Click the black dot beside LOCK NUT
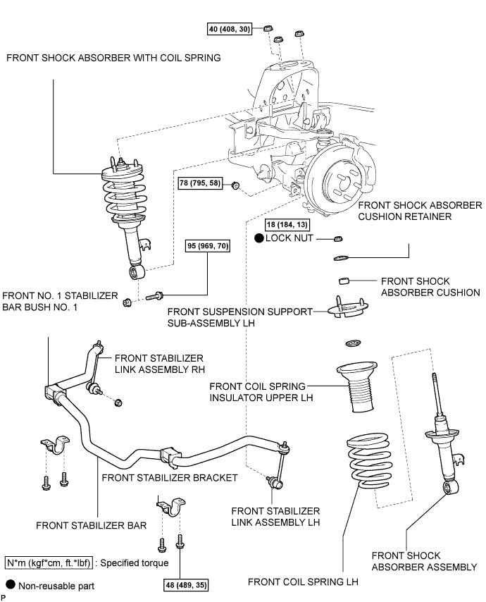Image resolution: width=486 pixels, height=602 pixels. pyautogui.click(x=258, y=239)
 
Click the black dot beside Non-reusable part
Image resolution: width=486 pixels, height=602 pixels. pyautogui.click(x=10, y=584)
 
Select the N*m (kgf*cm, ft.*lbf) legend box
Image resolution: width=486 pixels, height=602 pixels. pyautogui.click(x=49, y=563)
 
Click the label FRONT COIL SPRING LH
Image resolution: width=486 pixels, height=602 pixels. pyautogui.click(x=304, y=582)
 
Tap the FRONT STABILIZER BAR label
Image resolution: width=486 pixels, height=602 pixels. pyautogui.click(x=79, y=525)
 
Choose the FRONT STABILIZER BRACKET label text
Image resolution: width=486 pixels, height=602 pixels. pyautogui.click(x=169, y=477)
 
